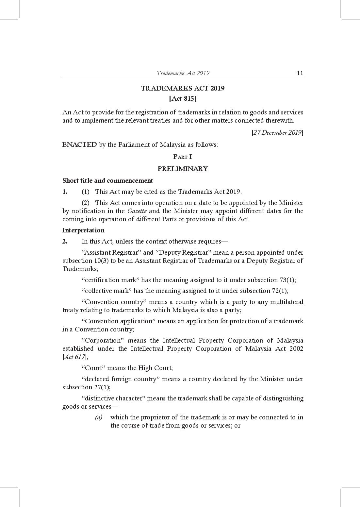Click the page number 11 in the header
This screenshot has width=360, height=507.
pos(300,73)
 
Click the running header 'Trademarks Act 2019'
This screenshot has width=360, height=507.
pos(183,73)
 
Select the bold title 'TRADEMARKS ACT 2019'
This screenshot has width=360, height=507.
pos(183,88)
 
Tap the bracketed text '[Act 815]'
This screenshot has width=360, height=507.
pos(183,98)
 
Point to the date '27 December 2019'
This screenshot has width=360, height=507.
pos(277,133)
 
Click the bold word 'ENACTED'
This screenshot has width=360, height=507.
pos(79,144)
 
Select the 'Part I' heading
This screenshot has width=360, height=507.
pos(183,157)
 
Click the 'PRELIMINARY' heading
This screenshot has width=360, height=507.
pos(183,169)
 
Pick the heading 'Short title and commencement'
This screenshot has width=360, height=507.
pos(107,180)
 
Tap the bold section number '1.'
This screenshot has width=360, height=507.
pos(65,192)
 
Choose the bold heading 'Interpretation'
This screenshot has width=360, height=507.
pos(83,230)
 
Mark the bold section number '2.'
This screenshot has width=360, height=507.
pos(65,242)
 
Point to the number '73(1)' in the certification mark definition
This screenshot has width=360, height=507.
pos(287,280)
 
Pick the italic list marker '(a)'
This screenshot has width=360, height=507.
pos(99,417)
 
